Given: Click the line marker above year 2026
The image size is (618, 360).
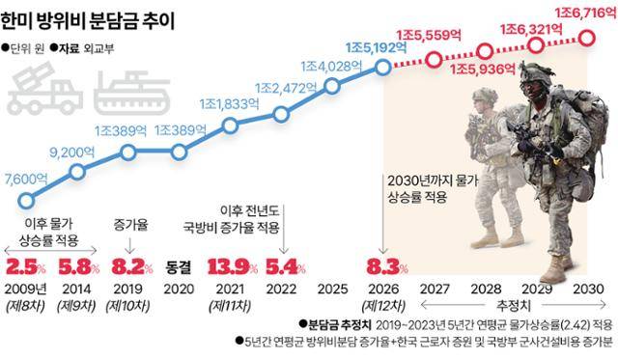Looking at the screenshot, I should (382, 68).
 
